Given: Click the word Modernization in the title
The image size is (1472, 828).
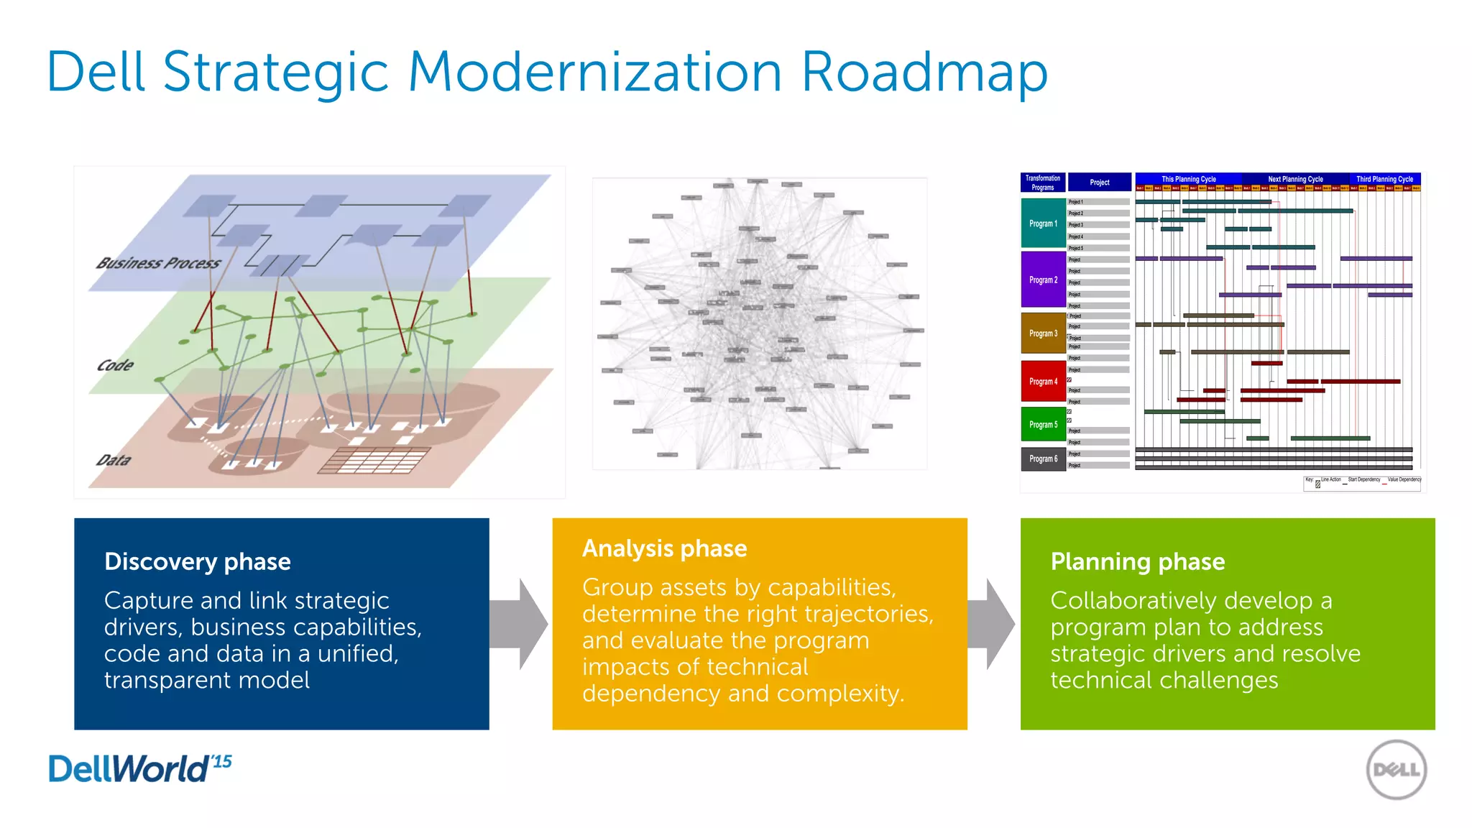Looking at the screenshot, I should tap(594, 72).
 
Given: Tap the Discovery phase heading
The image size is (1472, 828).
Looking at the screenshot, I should tap(198, 561).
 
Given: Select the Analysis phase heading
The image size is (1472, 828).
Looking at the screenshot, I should tap(664, 548).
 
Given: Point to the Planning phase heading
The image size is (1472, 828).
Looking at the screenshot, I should tap(1137, 561).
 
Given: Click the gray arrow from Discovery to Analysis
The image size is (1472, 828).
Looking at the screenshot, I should tap(519, 624).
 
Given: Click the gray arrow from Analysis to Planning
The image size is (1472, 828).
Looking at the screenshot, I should tap(992, 624).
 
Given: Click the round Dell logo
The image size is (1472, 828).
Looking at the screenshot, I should tap(1396, 770).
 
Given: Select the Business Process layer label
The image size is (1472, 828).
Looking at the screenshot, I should tap(159, 263).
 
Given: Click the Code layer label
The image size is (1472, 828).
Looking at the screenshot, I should tap(115, 365).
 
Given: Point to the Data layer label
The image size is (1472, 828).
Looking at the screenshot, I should tap(114, 460).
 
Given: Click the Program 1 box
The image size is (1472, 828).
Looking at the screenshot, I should tap(1043, 224).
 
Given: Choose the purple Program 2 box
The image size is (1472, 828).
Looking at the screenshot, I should tap(1043, 280).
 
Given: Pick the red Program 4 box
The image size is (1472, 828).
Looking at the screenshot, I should tap(1043, 382).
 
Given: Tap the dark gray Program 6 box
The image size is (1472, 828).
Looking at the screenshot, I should tap(1043, 459).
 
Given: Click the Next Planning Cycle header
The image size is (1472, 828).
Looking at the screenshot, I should tap(1295, 179).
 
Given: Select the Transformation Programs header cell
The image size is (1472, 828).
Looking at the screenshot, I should tap(1042, 183).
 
